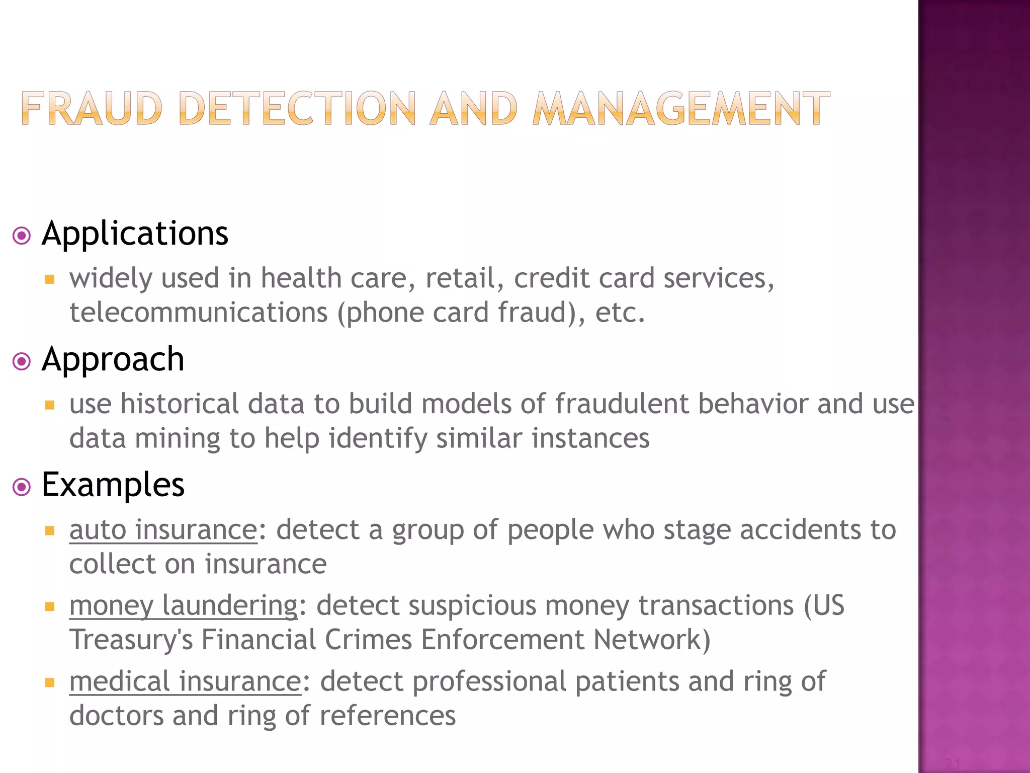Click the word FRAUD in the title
coord(92,108)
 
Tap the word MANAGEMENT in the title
coord(681,108)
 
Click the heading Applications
coord(135,234)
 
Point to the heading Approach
coord(113,360)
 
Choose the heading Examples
coord(113,485)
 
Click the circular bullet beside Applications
coord(22,236)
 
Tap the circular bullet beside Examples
coord(22,487)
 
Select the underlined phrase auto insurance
coord(163,530)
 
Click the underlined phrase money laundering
coord(184,605)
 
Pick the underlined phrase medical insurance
coord(185,682)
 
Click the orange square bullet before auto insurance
coord(49,530)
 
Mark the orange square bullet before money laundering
coord(49,606)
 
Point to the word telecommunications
coord(199,313)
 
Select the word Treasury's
coord(131,640)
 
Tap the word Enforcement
coord(503,640)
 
